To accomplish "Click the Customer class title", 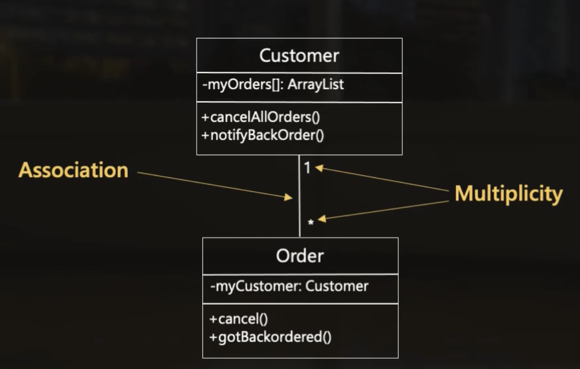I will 299,56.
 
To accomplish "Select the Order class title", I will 300,255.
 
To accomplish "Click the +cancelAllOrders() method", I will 261,117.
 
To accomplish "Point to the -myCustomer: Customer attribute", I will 289,286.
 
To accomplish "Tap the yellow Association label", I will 73,170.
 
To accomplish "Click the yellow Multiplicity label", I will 508,194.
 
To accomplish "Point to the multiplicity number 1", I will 307,168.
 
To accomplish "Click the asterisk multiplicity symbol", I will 311,223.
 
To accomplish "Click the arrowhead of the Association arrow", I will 289,197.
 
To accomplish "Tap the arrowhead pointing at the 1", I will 319,168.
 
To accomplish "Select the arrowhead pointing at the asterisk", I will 322,219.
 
